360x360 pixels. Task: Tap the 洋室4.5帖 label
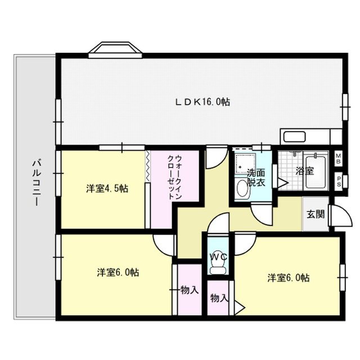click(x=107, y=188)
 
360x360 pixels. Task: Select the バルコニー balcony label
click(x=35, y=183)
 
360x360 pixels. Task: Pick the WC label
click(x=218, y=256)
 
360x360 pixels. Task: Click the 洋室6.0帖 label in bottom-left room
click(x=118, y=273)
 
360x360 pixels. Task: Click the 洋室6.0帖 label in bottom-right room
click(x=288, y=278)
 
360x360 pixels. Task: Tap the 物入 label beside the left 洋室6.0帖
click(x=190, y=290)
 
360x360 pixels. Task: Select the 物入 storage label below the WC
click(x=219, y=298)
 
